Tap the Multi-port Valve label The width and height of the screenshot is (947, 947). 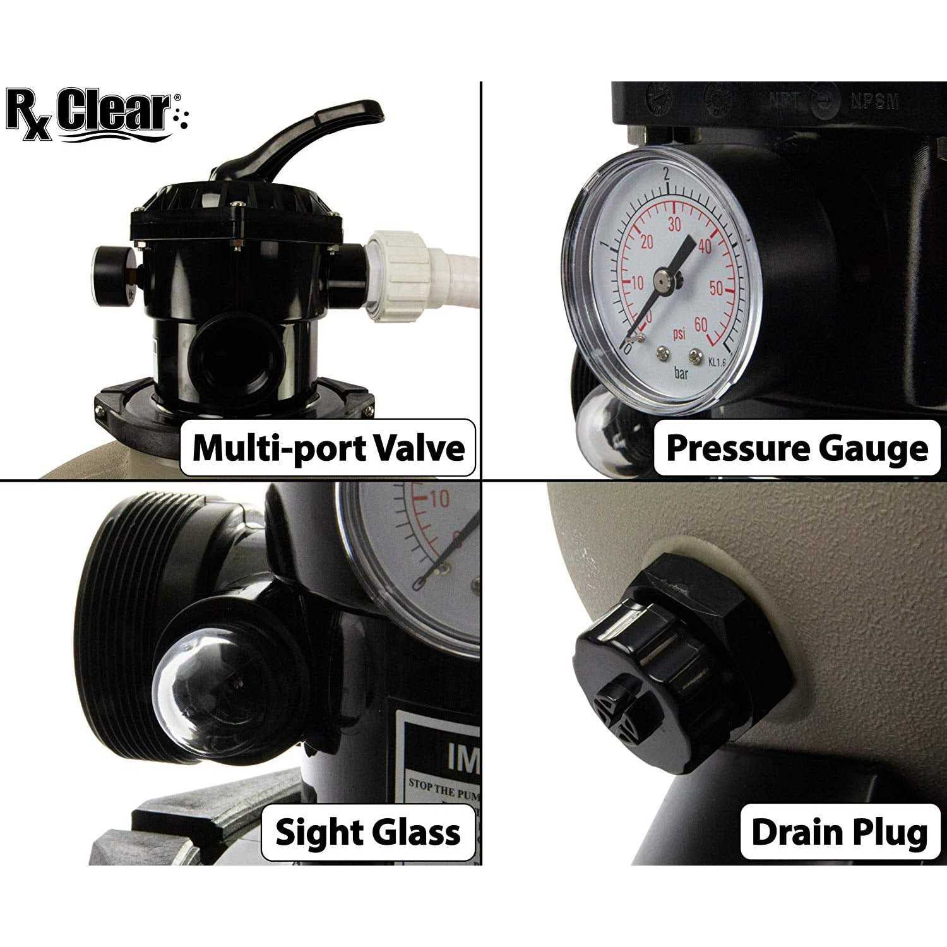point(328,448)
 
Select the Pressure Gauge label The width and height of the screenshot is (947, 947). point(797,448)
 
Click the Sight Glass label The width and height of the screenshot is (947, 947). point(368,832)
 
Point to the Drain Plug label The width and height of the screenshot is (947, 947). point(840,832)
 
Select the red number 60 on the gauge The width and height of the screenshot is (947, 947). point(701,325)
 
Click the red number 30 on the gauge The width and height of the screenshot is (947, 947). point(674,224)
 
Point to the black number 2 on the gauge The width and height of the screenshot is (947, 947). point(667,174)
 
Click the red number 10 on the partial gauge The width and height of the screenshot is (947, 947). point(439,499)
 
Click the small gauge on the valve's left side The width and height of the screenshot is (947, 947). point(114,275)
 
